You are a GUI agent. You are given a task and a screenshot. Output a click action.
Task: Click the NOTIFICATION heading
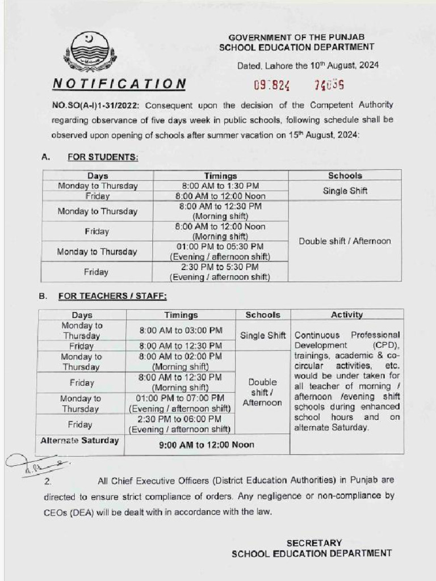click(120, 84)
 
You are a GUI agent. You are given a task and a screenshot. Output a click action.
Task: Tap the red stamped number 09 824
click(271, 86)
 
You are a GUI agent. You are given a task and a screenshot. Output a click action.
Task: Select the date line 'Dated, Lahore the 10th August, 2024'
click(308, 65)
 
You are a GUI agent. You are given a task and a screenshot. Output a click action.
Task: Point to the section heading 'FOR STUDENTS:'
click(103, 157)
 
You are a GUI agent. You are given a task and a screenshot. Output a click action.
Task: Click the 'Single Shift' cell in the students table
click(345, 191)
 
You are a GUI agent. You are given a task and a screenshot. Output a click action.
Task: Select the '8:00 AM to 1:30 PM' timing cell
click(220, 186)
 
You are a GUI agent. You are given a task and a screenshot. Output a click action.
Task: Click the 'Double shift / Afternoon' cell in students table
click(345, 241)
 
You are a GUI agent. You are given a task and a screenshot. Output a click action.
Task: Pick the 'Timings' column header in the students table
click(220, 176)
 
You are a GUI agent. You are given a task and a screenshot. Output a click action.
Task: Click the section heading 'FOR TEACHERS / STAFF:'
click(112, 296)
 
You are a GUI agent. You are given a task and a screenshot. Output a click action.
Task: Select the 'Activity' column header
click(346, 314)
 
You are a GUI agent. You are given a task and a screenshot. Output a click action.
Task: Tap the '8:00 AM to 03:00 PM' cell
click(181, 330)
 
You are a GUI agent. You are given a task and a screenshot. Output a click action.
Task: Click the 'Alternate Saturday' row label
click(80, 441)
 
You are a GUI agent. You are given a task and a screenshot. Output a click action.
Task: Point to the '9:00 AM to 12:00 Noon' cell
click(207, 445)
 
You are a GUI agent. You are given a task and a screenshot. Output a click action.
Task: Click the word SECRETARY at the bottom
click(314, 543)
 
